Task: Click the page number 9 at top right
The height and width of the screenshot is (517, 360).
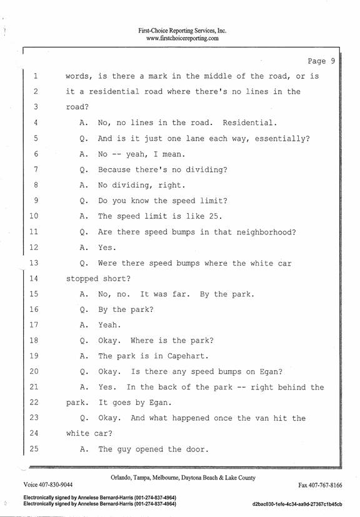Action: [x=333, y=61]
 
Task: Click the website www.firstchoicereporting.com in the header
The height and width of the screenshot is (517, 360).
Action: [x=182, y=38]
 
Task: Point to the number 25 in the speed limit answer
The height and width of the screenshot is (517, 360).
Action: [x=214, y=216]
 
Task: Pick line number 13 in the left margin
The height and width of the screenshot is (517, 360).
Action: [x=34, y=263]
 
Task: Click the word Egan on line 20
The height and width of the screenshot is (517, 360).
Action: [x=269, y=371]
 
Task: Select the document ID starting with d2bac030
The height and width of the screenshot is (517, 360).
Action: [x=297, y=504]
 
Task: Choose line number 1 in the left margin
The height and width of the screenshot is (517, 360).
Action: [x=35, y=76]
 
